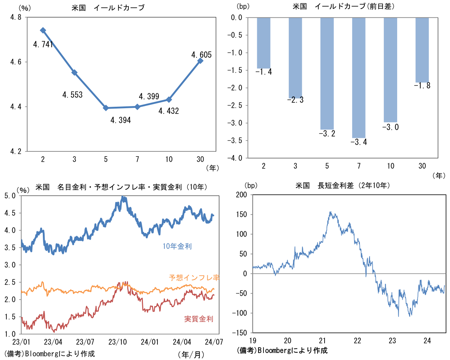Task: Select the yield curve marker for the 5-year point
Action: tap(106, 108)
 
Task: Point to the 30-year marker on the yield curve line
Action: tap(200, 61)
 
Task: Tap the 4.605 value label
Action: tap(201, 55)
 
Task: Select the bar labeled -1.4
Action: tap(264, 43)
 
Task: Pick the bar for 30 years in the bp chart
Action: tap(422, 50)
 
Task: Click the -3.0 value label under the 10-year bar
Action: tap(390, 127)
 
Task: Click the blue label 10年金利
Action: tap(177, 246)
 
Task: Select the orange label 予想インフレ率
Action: tap(194, 277)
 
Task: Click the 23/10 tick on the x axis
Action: tap(117, 341)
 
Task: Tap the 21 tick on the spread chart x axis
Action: tap(322, 340)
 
